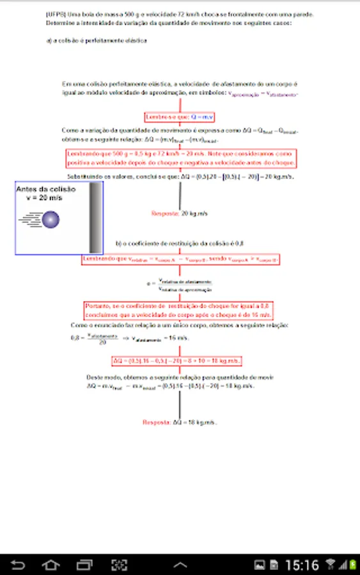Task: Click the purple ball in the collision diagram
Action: pyautogui.click(x=51, y=220)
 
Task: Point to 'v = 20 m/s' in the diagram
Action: pyautogui.click(x=45, y=198)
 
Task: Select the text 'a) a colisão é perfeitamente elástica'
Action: pyautogui.click(x=97, y=40)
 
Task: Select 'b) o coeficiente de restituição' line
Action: pyautogui.click(x=180, y=243)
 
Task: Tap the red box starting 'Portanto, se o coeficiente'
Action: pyautogui.click(x=179, y=310)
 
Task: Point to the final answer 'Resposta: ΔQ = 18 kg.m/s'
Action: pyautogui.click(x=180, y=422)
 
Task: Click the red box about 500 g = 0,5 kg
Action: pyautogui.click(x=180, y=158)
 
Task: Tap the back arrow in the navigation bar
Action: pyautogui.click(x=19, y=564)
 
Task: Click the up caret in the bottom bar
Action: pyautogui.click(x=180, y=564)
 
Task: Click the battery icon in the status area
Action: pyautogui.click(x=351, y=564)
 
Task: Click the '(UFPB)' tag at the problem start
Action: pyautogui.click(x=56, y=13)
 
